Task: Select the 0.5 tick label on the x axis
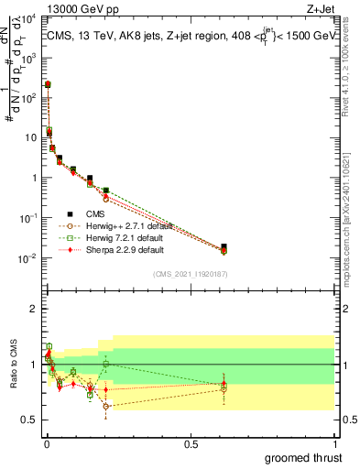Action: tap(191, 442)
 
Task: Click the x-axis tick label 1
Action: tap(334, 442)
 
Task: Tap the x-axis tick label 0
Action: tap(47, 442)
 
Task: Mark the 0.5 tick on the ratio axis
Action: tap(31, 420)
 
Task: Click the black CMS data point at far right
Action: tap(224, 246)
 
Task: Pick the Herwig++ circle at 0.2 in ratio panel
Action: tap(106, 406)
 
